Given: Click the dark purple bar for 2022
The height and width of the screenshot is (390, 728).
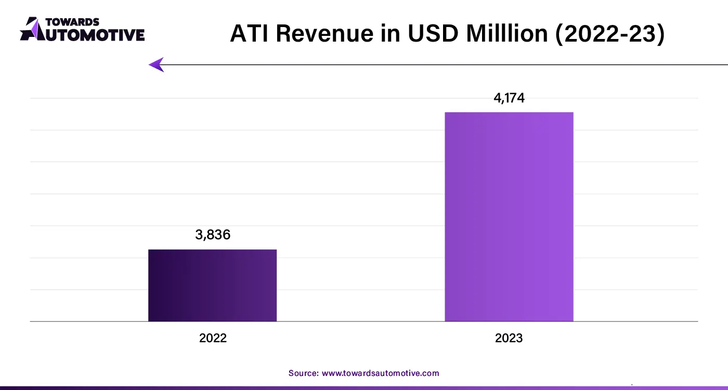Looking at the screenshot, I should [212, 285].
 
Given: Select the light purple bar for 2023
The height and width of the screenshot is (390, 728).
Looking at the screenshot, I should [509, 216].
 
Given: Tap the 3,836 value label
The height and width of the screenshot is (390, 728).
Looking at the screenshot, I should [213, 235].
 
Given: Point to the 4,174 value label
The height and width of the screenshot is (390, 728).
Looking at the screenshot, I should [509, 98].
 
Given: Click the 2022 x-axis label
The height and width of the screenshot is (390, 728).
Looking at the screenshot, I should [213, 338].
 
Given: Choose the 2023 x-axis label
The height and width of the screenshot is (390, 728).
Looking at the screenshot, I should [509, 338].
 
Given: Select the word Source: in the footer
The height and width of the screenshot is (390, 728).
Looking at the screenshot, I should [304, 373].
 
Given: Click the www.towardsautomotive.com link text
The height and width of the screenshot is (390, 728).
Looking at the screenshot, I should [381, 373].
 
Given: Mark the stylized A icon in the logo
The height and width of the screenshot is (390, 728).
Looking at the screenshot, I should [31, 29].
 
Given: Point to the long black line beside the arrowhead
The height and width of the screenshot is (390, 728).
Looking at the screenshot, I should [442, 64].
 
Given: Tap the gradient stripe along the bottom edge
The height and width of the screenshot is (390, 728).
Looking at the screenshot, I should [364, 387].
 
